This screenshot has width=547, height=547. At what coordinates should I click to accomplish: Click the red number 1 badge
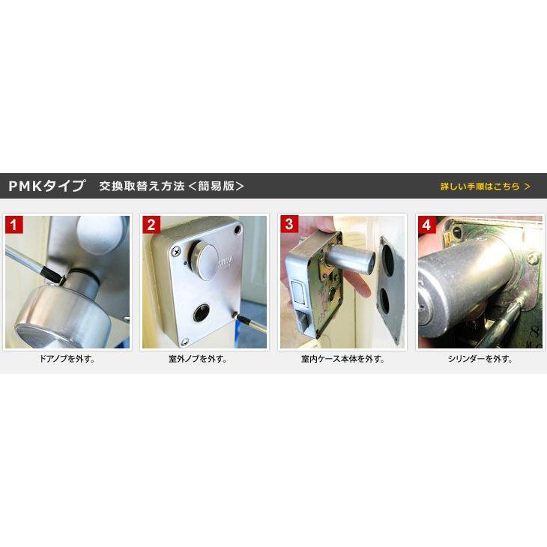14,225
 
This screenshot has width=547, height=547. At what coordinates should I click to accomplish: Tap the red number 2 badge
151,225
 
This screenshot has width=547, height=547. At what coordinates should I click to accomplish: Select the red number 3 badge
289,224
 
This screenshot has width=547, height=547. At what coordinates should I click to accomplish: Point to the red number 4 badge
427,225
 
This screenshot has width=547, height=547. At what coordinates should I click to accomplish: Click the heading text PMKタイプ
46,186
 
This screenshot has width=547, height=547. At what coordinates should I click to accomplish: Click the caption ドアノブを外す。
67,359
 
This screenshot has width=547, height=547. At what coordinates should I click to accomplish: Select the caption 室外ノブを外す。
198,359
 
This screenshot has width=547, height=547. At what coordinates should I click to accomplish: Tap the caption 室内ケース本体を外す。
343,359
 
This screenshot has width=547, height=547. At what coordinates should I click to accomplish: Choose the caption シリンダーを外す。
480,359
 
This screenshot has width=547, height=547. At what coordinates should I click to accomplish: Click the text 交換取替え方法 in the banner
142,186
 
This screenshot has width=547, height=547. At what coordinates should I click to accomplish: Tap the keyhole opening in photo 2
202,313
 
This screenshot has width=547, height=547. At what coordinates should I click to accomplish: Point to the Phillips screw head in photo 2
178,251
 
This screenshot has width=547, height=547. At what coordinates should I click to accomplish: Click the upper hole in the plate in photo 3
387,259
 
